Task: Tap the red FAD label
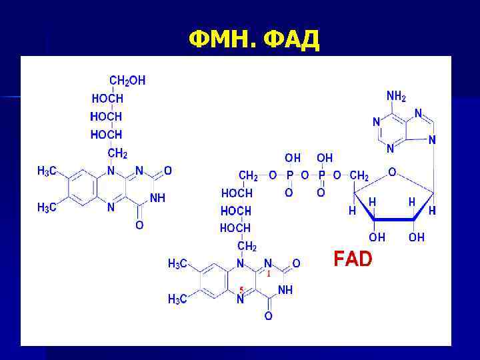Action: point(353,259)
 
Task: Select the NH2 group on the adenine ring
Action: point(395,96)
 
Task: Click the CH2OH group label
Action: point(127,81)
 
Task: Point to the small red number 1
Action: point(268,273)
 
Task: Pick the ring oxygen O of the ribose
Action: point(393,172)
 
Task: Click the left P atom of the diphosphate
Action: point(289,176)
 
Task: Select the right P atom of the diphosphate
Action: point(321,176)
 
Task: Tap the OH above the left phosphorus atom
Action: point(293,158)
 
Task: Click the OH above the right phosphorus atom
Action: point(325,158)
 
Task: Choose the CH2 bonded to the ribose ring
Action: point(359,176)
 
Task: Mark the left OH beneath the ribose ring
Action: point(377,237)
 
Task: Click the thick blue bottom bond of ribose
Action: point(393,219)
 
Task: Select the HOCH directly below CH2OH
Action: point(107,99)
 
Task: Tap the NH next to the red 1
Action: point(285,290)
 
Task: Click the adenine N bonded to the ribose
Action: point(433,140)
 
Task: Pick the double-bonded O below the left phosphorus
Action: point(289,193)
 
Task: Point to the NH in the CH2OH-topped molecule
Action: point(158,198)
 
